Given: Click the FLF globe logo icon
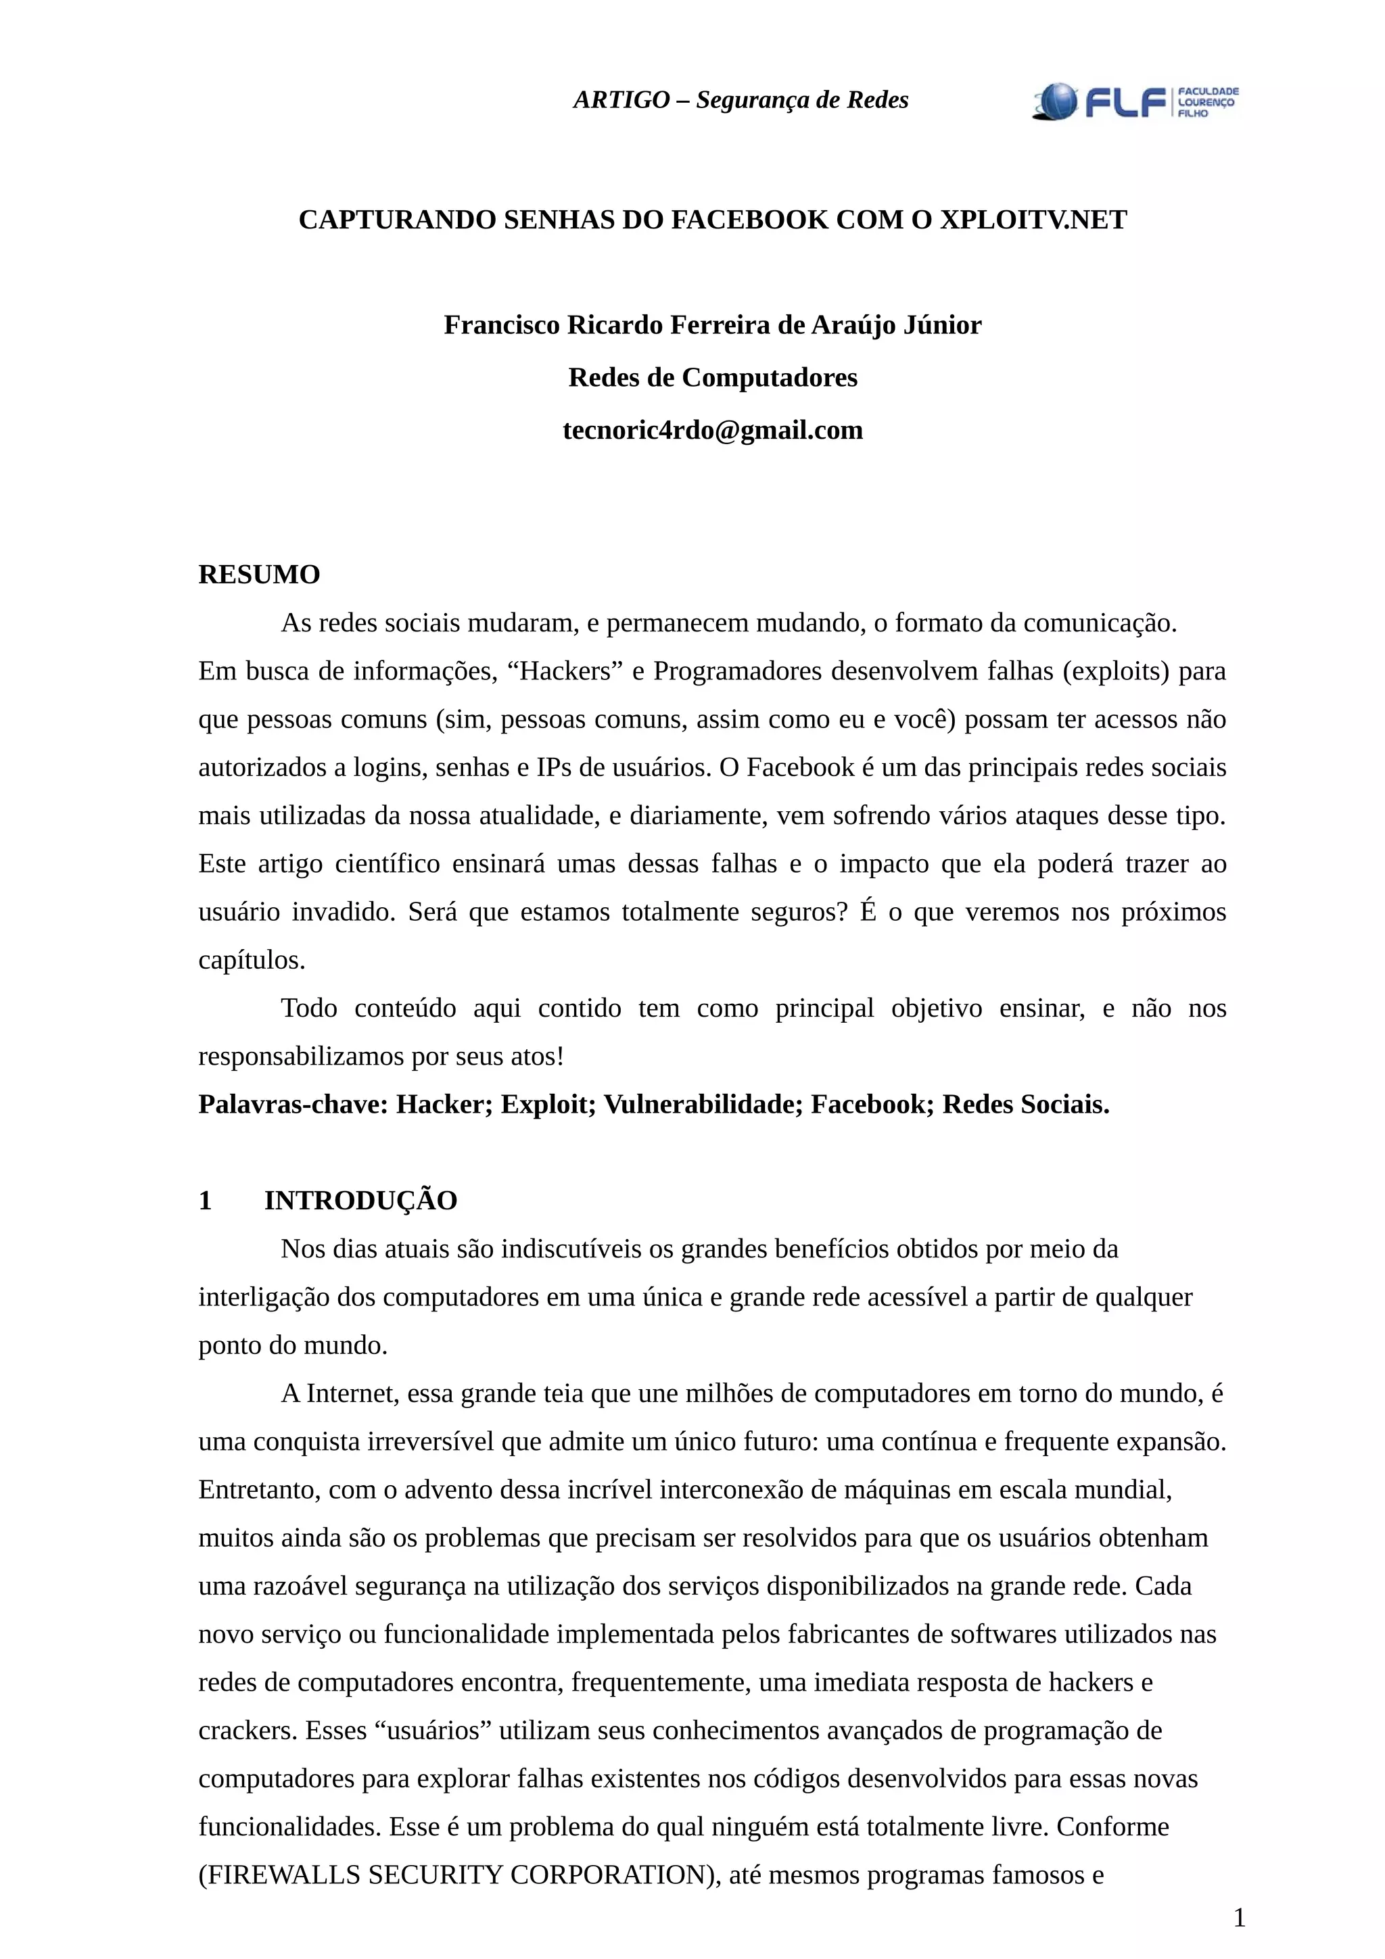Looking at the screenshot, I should point(1055,101).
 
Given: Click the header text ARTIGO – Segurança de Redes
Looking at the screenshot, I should point(740,101).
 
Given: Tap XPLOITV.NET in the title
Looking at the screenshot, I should point(1033,220).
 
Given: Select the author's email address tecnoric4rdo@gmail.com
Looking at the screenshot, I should point(713,430).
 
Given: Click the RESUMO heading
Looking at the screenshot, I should point(258,575).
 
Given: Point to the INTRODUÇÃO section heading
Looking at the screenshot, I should point(360,1201).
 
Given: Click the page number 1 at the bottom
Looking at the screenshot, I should point(1239,1918).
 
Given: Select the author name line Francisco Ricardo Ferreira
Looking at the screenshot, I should point(713,325).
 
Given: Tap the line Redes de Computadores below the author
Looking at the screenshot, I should point(713,377).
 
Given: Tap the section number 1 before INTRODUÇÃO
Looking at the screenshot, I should point(205,1201).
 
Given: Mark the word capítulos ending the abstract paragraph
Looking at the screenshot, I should point(251,960).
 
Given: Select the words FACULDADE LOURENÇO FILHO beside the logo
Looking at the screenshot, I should point(1208,101).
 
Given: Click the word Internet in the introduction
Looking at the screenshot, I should point(352,1393).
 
